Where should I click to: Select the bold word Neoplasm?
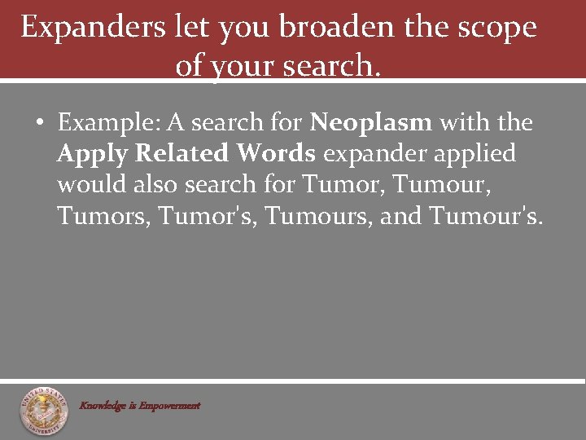click(x=371, y=123)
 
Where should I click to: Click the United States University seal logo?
click(x=45, y=410)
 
